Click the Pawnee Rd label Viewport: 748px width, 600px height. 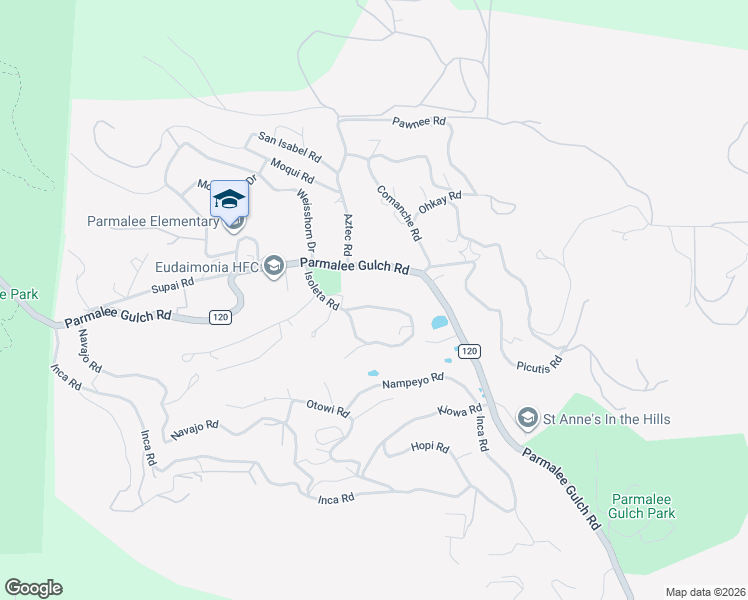(418, 122)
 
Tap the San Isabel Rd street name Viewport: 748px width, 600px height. (289, 147)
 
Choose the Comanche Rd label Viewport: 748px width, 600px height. (397, 213)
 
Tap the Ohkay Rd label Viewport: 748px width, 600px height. (440, 197)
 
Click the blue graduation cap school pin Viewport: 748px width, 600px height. (229, 199)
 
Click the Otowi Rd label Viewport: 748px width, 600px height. (327, 410)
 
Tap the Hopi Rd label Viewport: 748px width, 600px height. (430, 447)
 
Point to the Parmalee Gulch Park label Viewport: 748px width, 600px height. (643, 506)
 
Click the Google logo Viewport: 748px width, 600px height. (33, 588)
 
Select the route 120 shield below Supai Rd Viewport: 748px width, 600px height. (221, 317)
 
